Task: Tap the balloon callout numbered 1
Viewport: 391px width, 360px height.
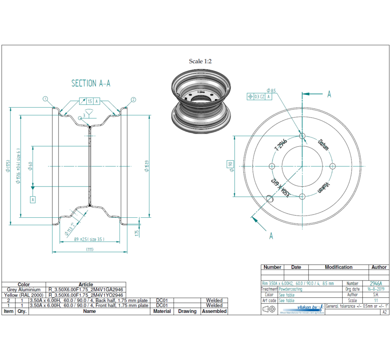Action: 45,99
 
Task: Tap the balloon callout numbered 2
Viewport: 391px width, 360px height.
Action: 133,99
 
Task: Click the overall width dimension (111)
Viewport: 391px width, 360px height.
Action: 90,249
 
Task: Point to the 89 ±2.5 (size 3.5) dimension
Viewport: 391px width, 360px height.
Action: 89,239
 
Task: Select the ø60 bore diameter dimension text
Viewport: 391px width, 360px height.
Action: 30,166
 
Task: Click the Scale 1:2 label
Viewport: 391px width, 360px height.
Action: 200,61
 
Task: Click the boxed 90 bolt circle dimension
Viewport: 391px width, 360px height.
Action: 230,166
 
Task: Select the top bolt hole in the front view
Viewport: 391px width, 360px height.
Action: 302,136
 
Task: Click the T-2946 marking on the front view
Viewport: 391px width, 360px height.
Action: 281,144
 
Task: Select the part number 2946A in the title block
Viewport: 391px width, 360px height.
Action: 376,284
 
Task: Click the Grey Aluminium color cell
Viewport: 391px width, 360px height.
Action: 24,290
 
